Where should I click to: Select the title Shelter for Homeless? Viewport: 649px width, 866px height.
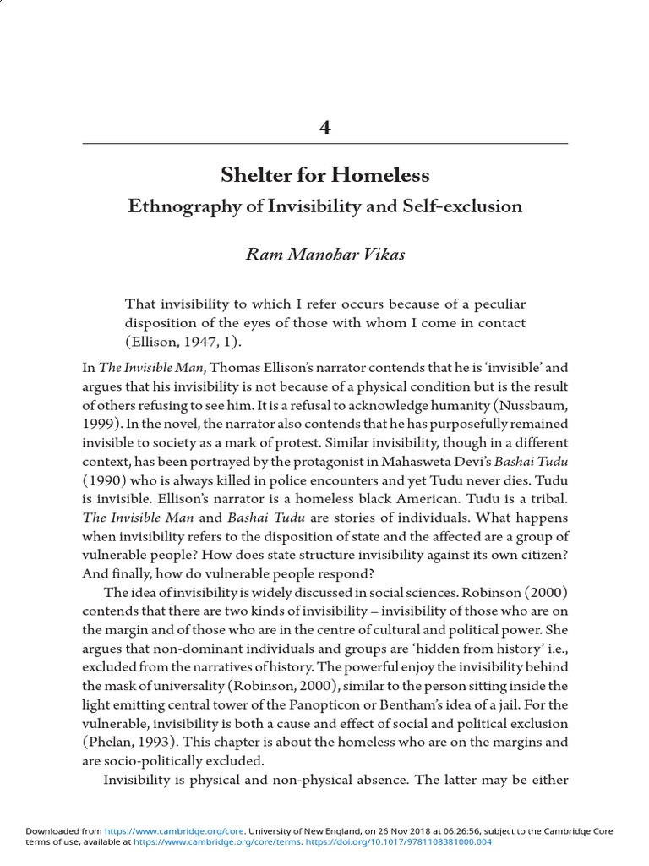point(324,176)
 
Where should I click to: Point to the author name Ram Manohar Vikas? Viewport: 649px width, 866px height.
point(324,255)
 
